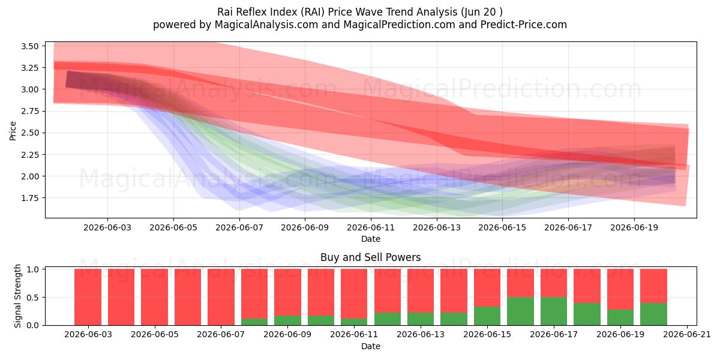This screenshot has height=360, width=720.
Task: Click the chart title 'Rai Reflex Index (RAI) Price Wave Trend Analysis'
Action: (337, 12)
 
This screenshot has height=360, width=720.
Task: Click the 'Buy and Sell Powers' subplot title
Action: (371, 257)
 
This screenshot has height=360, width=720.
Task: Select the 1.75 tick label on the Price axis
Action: (30, 198)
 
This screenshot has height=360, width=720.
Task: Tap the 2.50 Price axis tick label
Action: (30, 133)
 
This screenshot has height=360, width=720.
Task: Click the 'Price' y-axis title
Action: (13, 131)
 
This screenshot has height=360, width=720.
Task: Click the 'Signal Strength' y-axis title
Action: (17, 296)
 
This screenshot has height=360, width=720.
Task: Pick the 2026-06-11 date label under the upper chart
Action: (371, 227)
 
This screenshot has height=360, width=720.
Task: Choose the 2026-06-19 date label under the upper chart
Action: (634, 227)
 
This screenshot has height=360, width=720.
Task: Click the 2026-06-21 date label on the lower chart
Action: (687, 335)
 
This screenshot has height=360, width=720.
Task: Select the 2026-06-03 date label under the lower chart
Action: (88, 335)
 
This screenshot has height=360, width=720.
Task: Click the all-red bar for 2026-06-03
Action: (88, 297)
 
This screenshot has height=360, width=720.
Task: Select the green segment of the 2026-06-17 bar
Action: (554, 311)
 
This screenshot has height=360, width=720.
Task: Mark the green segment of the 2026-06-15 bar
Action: (487, 316)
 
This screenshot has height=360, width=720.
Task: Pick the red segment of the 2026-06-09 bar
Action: (287, 293)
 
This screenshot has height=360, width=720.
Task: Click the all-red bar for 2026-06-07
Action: (221, 297)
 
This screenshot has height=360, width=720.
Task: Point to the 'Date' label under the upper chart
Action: (371, 239)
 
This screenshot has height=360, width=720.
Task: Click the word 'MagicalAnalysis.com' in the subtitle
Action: (266, 25)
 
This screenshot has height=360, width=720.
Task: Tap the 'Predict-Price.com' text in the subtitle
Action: (524, 25)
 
